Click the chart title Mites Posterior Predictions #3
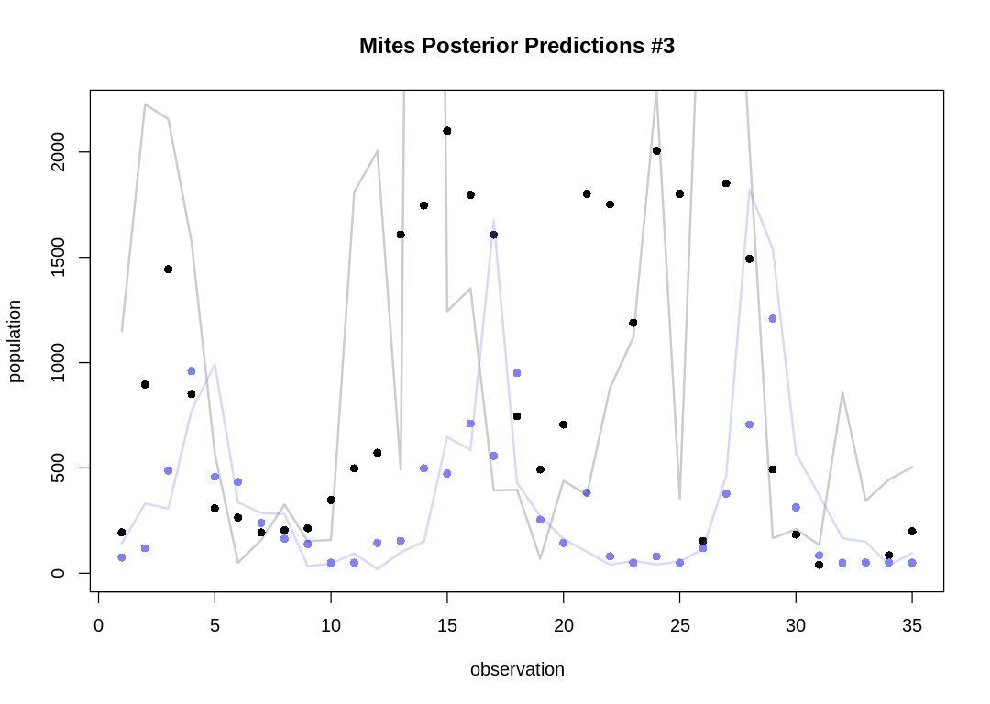click(517, 46)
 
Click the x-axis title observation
click(517, 669)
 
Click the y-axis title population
click(15, 341)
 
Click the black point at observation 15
click(447, 131)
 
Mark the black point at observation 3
click(168, 269)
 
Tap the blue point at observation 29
click(773, 319)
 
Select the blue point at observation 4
click(192, 371)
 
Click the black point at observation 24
click(656, 151)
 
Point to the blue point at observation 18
click(517, 373)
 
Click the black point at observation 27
click(726, 183)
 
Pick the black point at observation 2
click(145, 385)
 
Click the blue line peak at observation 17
click(493, 220)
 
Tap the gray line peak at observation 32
click(842, 392)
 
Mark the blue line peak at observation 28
click(750, 190)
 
